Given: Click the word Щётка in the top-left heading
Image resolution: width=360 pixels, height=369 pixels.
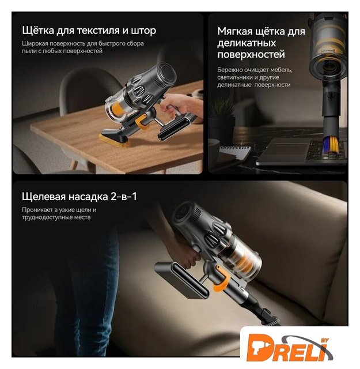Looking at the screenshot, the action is point(38,31).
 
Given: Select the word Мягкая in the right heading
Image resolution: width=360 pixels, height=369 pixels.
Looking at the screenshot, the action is point(234,31).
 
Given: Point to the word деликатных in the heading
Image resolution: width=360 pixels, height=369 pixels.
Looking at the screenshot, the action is point(247,43).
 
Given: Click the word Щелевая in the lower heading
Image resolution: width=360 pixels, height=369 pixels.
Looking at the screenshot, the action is point(44,197).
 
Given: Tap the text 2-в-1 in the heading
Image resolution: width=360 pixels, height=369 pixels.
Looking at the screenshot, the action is point(124,197).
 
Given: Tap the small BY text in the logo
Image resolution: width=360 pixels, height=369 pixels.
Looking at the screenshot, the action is point(325,341).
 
